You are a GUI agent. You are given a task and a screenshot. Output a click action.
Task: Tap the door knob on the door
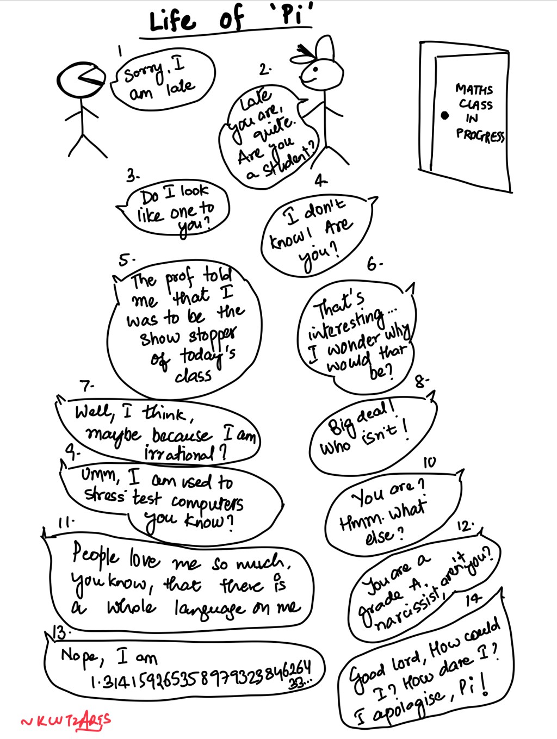tap(444, 115)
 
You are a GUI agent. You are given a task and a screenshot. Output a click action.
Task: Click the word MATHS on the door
tap(474, 89)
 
